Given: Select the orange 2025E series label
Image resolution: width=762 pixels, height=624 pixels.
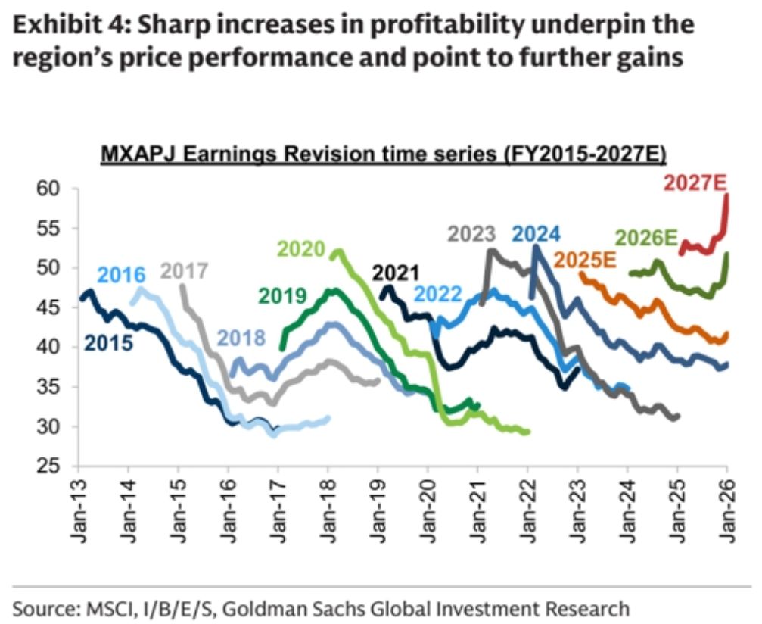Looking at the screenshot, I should (x=587, y=258).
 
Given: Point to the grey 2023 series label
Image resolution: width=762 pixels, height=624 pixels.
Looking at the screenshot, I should (x=471, y=235).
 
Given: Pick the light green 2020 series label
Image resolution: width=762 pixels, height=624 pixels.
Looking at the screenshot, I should (x=300, y=249).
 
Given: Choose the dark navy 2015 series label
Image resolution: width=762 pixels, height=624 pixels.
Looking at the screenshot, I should (x=109, y=342).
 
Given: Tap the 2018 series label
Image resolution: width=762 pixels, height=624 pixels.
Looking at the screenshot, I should (x=242, y=338).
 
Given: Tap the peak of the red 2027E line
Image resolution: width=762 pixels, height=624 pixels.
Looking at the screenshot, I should (x=727, y=195).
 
